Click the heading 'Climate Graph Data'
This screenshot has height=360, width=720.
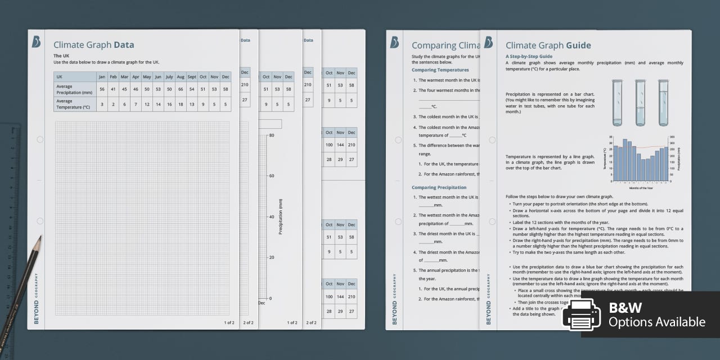pyautogui.click(x=93, y=45)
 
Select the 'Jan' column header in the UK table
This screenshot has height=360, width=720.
pyautogui.click(x=102, y=76)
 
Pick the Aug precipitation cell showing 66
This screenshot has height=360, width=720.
pyautogui.click(x=180, y=89)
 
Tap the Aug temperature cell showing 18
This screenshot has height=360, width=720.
pyautogui.click(x=180, y=104)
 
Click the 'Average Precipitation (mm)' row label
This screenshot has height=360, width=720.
pyautogui.click(x=74, y=89)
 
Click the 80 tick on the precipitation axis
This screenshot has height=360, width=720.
pyautogui.click(x=271, y=136)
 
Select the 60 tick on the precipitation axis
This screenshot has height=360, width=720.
pyautogui.click(x=271, y=176)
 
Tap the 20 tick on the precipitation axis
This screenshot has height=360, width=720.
pyautogui.click(x=271, y=258)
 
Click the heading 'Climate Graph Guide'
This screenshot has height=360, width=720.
pyautogui.click(x=548, y=46)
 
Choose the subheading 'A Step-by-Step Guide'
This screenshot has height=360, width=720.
pyautogui.click(x=529, y=56)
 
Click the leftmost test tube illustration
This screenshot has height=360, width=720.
pyautogui.click(x=618, y=102)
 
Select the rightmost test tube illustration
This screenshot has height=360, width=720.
pyautogui.click(x=663, y=102)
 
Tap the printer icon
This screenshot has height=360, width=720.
pyautogui.click(x=582, y=315)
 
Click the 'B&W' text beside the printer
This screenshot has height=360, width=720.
pyautogui.click(x=625, y=308)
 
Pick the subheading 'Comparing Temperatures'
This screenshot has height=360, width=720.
pyautogui.click(x=440, y=70)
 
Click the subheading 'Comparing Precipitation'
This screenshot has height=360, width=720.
pyautogui.click(x=439, y=187)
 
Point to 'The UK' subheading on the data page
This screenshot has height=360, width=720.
pyautogui.click(x=61, y=56)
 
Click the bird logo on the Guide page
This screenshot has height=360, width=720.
pyautogui.click(x=488, y=42)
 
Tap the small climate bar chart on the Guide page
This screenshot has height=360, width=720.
pyautogui.click(x=640, y=160)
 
